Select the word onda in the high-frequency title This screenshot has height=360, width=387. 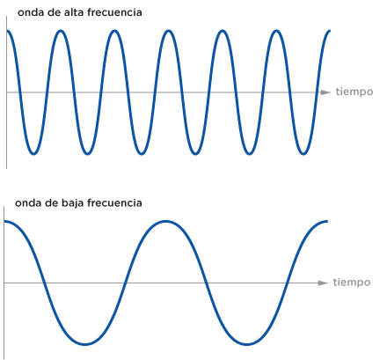pyautogui.click(x=29, y=12)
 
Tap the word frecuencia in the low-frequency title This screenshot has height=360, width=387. pyautogui.click(x=114, y=203)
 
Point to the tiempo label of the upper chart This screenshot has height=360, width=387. pyautogui.click(x=354, y=92)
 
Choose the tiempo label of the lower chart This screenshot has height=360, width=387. pyautogui.click(x=352, y=283)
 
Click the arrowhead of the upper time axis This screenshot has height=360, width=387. pyautogui.click(x=325, y=92)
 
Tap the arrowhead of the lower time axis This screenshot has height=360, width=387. pyautogui.click(x=323, y=283)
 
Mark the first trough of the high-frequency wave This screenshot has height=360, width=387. pyautogui.click(x=33, y=154)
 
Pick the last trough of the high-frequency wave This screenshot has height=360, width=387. pyautogui.click(x=303, y=154)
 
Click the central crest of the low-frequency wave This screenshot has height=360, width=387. pyautogui.click(x=166, y=221)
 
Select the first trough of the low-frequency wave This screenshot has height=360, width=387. pyautogui.click(x=85, y=344)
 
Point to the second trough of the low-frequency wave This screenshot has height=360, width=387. pyautogui.click(x=247, y=344)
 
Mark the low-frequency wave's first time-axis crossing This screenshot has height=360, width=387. pyautogui.click(x=45, y=283)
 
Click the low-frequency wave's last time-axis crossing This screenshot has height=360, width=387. pyautogui.click(x=288, y=283)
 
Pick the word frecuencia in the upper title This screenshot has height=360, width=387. pyautogui.click(x=114, y=12)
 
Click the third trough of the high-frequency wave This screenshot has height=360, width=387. pyautogui.click(x=142, y=154)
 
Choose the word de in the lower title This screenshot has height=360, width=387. pyautogui.click(x=50, y=203)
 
